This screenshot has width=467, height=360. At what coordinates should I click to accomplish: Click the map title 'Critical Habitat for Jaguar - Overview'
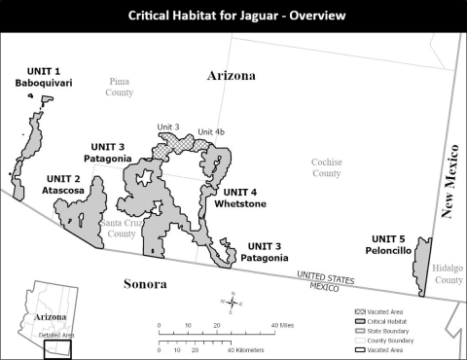coord(233,16)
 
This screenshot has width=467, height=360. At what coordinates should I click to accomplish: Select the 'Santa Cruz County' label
coord(119,228)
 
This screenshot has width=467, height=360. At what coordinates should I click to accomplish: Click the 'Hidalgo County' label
coord(449,273)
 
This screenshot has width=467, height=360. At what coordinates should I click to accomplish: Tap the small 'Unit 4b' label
coord(211,131)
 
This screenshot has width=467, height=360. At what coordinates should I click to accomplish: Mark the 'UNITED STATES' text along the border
coord(325,275)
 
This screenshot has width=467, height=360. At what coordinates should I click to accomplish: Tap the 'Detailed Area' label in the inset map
coord(54,335)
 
